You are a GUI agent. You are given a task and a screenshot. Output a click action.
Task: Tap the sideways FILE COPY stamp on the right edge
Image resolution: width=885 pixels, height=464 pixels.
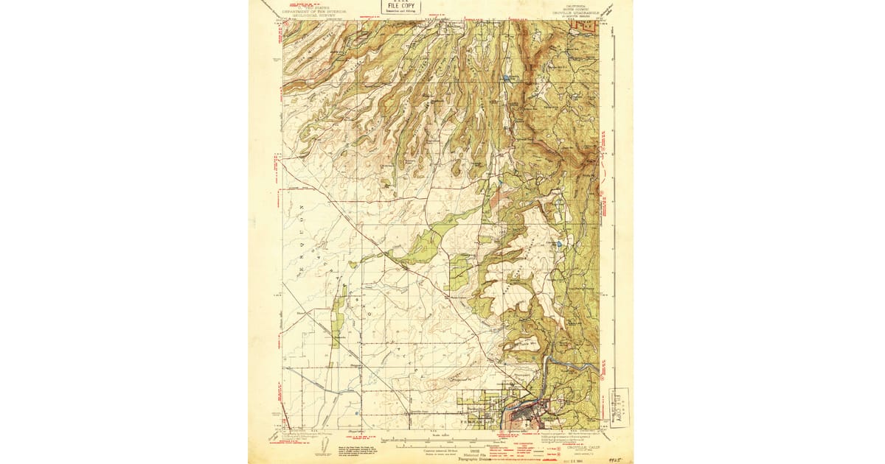coord(620,407)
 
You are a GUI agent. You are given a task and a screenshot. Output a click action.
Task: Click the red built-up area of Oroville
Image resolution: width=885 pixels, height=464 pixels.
coord(527,417)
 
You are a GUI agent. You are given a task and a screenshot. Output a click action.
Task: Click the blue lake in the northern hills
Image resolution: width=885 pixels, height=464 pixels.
coord(506,77)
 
